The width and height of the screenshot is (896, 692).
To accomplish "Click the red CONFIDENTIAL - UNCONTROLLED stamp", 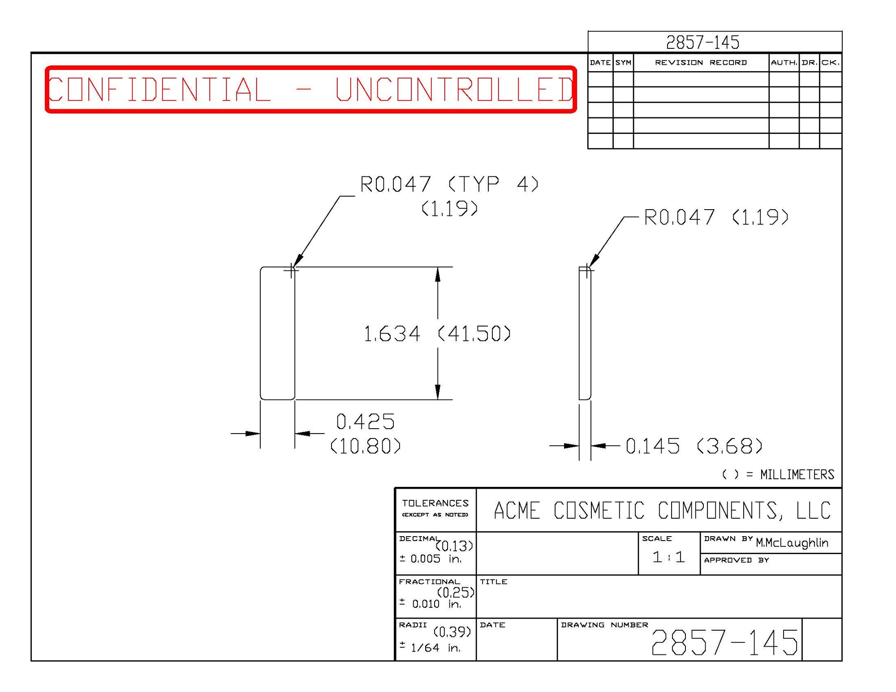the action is tap(310, 89).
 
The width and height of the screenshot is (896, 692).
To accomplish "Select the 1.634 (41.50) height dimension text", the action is tap(437, 334).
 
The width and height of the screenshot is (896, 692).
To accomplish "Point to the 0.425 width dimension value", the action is tap(366, 421).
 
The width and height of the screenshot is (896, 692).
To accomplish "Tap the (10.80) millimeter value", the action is tap(366, 446).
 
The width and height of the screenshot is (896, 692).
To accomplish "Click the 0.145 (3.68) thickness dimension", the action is tap(694, 446).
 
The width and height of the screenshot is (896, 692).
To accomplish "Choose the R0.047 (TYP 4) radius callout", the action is tap(449, 184).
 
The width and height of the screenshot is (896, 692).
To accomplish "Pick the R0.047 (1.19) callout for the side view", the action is tap(716, 217).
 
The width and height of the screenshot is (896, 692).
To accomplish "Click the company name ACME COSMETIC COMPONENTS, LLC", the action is tap(662, 511).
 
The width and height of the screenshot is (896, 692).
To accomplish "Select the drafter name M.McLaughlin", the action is tap(792, 543).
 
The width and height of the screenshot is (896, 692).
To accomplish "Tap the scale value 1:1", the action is tap(668, 557).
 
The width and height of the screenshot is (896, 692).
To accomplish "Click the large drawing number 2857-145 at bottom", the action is tap(724, 642).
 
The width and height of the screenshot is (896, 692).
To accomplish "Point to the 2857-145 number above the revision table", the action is tap(702, 43).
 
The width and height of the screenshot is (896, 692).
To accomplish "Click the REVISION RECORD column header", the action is tap(701, 63).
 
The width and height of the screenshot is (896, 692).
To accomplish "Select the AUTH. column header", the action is tap(784, 63).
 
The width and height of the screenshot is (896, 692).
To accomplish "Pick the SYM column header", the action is tap(623, 63).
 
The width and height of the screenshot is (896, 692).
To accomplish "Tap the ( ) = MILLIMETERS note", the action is tap(778, 474).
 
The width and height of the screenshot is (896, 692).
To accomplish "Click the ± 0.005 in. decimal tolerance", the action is tap(431, 559).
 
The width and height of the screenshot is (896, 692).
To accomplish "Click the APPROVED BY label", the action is tap(737, 560).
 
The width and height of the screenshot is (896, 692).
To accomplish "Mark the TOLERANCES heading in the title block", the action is tap(435, 503).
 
